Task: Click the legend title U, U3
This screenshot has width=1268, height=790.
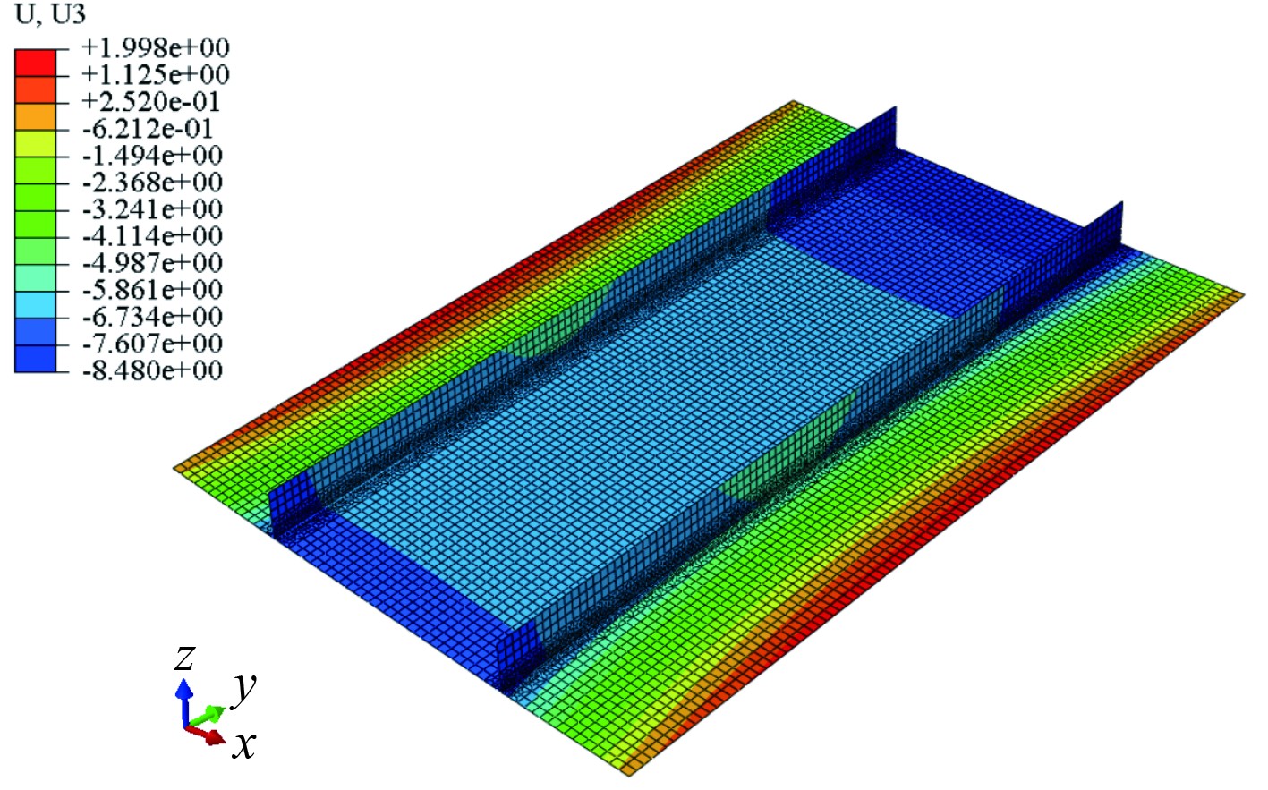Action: coord(50,14)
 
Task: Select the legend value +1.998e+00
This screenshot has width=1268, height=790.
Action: coord(156,47)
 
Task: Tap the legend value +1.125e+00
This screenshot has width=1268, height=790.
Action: coord(156,74)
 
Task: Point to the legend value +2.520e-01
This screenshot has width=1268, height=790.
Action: coord(150,101)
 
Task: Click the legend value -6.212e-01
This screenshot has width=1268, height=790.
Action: coord(148,129)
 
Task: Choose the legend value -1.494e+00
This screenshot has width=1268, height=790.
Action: coord(152,155)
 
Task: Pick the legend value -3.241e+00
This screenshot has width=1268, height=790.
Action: coord(152,208)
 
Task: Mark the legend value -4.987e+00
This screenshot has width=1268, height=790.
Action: coord(152,262)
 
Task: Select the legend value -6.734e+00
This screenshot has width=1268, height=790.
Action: coord(152,317)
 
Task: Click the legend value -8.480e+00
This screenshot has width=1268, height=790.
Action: coord(152,370)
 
